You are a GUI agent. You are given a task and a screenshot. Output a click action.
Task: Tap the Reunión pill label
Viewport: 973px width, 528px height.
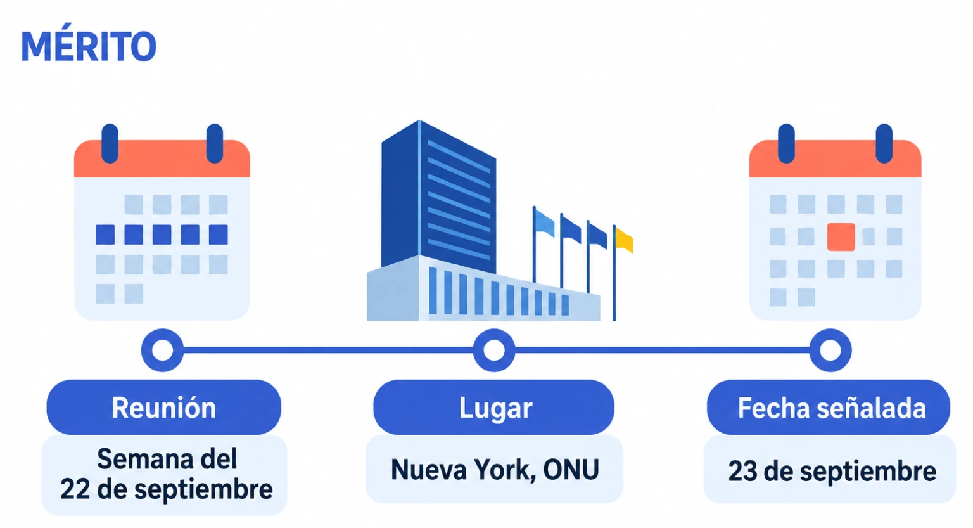pos(164,407)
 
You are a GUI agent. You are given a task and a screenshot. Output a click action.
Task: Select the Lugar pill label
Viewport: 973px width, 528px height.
pos(494,407)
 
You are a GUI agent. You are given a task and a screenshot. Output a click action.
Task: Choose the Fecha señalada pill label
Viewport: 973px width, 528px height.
pos(829,407)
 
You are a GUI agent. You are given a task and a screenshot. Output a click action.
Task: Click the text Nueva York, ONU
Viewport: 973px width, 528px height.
pos(495,470)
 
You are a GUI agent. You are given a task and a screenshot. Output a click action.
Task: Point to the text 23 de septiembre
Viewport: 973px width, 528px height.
pos(832,472)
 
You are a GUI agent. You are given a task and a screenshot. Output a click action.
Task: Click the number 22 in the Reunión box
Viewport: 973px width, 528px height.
pos(75,489)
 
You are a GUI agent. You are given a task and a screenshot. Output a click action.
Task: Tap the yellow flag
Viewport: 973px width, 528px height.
pos(624,240)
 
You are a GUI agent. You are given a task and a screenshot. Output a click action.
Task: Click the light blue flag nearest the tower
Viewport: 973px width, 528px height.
pos(544,223)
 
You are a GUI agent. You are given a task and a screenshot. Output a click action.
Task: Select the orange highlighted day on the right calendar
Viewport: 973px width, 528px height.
pos(841,237)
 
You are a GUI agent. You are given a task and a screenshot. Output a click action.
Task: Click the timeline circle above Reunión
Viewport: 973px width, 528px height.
pos(162,351)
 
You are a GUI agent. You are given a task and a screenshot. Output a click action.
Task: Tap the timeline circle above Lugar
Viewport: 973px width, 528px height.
pos(494,351)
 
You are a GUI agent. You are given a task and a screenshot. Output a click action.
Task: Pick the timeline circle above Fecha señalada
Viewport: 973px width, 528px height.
pos(830,351)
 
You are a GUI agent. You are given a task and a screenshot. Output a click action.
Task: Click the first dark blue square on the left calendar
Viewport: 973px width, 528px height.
pos(105,235)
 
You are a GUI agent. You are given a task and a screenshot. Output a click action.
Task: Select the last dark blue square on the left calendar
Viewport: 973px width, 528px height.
pos(218,235)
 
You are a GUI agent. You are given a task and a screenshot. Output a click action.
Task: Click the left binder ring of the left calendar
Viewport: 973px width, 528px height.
pos(110,143)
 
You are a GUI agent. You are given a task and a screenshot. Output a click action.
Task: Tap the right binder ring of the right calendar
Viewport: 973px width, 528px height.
pos(884,143)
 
